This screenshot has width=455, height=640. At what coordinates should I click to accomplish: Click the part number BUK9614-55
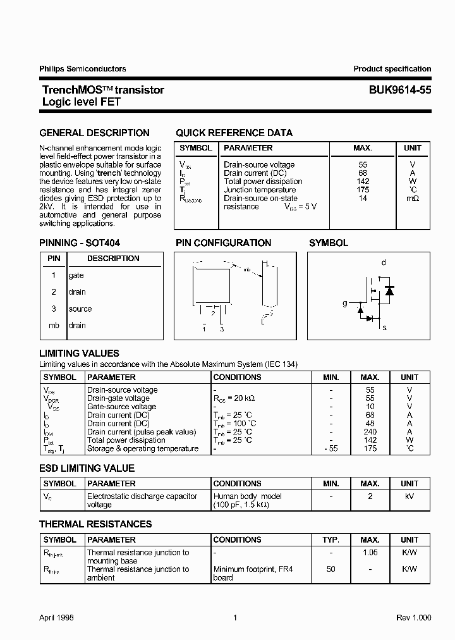[400, 90]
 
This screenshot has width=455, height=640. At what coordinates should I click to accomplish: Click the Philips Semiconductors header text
[82, 69]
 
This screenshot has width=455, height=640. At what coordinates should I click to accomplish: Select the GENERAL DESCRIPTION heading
[94, 133]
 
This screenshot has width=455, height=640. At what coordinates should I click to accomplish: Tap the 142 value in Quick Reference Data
[363, 182]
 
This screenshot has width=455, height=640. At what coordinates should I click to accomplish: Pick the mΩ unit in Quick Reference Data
[413, 199]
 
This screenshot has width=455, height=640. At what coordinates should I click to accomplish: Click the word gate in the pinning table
[76, 276]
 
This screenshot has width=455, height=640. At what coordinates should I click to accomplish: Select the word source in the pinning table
[80, 309]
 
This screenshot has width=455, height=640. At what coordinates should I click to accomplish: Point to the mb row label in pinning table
[54, 326]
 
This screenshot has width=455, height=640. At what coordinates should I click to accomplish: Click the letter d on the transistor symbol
[384, 262]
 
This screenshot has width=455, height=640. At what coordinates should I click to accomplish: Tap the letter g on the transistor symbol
[345, 304]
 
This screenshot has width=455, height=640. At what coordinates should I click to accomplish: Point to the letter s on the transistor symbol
[384, 328]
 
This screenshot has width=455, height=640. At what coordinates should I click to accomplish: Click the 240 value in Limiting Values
[370, 432]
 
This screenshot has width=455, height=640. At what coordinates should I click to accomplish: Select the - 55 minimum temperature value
[331, 448]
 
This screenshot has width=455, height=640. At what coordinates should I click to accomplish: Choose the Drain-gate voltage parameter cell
[118, 398]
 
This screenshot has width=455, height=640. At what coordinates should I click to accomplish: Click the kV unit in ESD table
[409, 497]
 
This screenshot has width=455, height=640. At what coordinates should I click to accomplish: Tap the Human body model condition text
[248, 497]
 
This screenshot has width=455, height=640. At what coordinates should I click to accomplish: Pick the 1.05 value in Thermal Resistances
[370, 553]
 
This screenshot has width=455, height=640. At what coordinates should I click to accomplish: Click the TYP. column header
[331, 540]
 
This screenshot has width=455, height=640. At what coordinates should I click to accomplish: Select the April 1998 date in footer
[56, 618]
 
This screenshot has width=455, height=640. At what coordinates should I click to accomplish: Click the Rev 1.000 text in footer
[413, 618]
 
